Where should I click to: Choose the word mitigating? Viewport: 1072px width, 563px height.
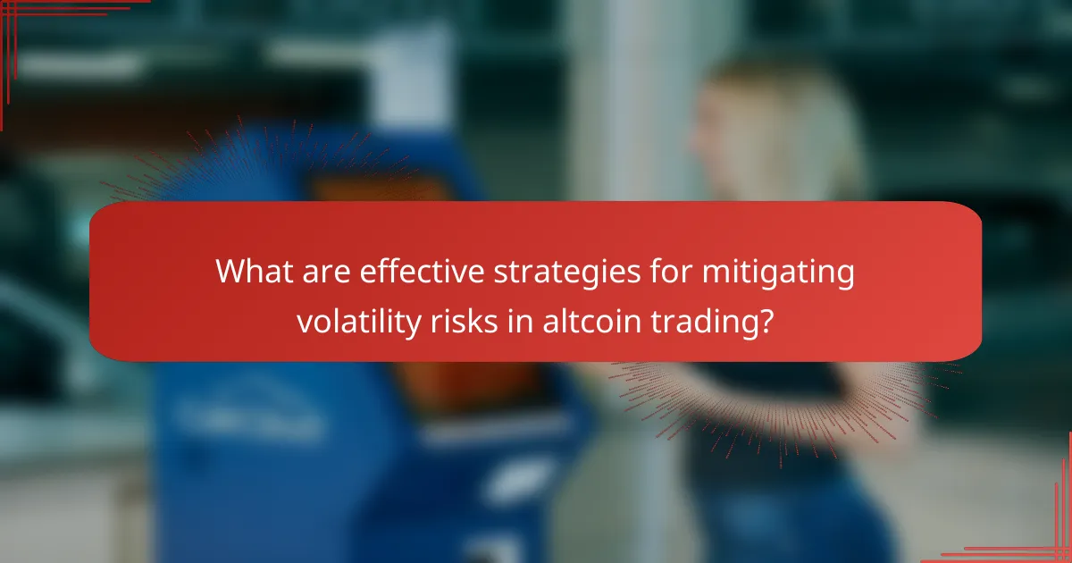pos(775,272)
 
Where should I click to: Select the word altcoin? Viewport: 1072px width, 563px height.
pos(584,319)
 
